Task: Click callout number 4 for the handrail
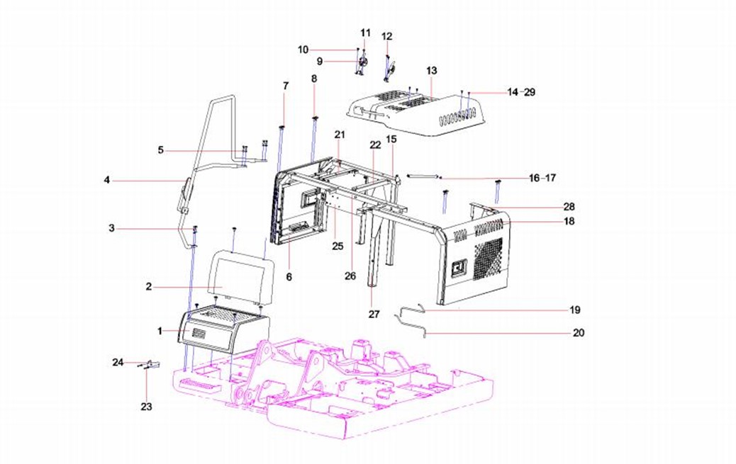tap(106, 181)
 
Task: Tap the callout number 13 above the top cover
tap(432, 71)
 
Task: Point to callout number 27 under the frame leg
tap(374, 313)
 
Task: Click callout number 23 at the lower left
tap(147, 407)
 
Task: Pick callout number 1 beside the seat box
tap(160, 331)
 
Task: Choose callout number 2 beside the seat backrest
tap(149, 287)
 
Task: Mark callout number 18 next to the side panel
tap(569, 221)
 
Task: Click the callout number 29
tap(529, 93)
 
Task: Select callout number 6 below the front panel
tap(289, 276)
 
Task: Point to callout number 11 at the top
tap(365, 33)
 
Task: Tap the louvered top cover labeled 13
tap(418, 113)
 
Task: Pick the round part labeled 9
tap(363, 62)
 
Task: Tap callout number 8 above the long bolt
tap(314, 78)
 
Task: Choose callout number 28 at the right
tap(569, 207)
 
